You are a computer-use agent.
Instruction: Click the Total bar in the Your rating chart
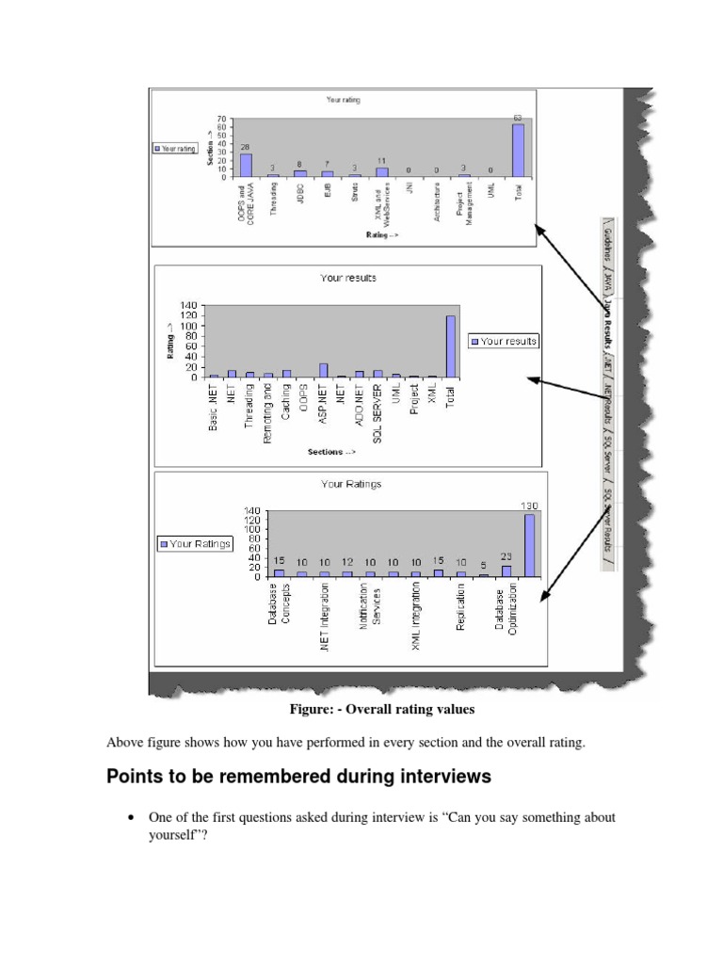click(518, 151)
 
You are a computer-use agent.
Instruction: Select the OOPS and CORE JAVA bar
click(247, 165)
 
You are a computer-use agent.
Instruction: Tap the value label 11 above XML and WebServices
click(382, 162)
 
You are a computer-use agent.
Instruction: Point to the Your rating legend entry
click(174, 148)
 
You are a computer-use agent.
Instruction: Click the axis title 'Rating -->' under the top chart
click(382, 235)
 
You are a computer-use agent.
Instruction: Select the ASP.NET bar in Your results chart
click(324, 370)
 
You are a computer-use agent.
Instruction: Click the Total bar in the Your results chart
click(450, 346)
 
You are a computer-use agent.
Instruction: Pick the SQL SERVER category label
click(378, 411)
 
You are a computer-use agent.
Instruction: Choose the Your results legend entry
click(505, 341)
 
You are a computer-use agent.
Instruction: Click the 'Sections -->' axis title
click(331, 452)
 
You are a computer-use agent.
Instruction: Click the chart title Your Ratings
click(350, 484)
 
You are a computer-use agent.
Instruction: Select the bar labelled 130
click(529, 545)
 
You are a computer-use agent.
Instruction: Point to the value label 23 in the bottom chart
click(506, 556)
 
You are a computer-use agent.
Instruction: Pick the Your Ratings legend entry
click(196, 543)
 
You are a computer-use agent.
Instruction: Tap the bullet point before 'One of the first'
click(131, 818)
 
